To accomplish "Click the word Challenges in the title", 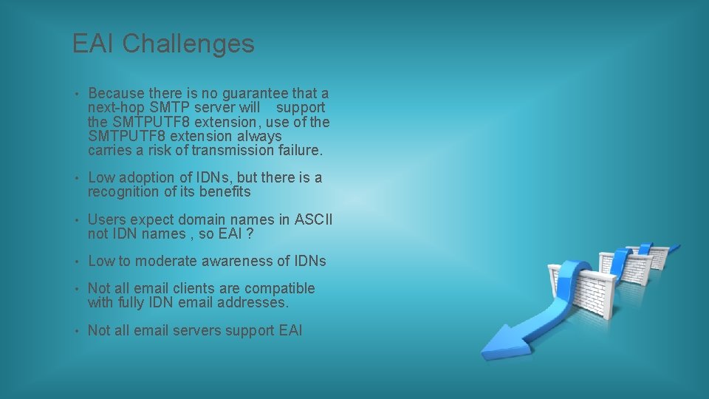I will [188, 44].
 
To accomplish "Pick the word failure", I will [303, 150].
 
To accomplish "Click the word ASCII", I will [314, 219].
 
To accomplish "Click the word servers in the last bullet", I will [199, 330].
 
